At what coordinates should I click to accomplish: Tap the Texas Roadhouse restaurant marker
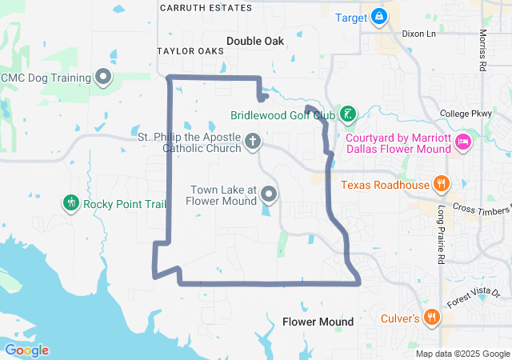pos(440,184)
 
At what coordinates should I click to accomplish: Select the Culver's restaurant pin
pos(432,317)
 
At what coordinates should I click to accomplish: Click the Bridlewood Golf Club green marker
pos(347,114)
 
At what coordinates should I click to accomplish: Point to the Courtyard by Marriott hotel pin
pos(462,142)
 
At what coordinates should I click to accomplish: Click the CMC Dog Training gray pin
pos(103,77)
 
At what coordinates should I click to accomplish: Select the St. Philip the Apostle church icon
pos(253,142)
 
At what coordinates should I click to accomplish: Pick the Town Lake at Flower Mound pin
pos(270,194)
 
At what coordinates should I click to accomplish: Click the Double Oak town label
pos(255,41)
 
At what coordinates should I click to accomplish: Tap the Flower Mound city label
pos(318,322)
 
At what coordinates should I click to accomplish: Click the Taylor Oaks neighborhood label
pos(190,50)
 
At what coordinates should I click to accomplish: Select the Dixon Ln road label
pos(419,34)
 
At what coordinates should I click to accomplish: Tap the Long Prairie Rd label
pos(441,235)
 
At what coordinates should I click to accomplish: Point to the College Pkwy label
pos(466,114)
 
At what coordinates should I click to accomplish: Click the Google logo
pos(27,350)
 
